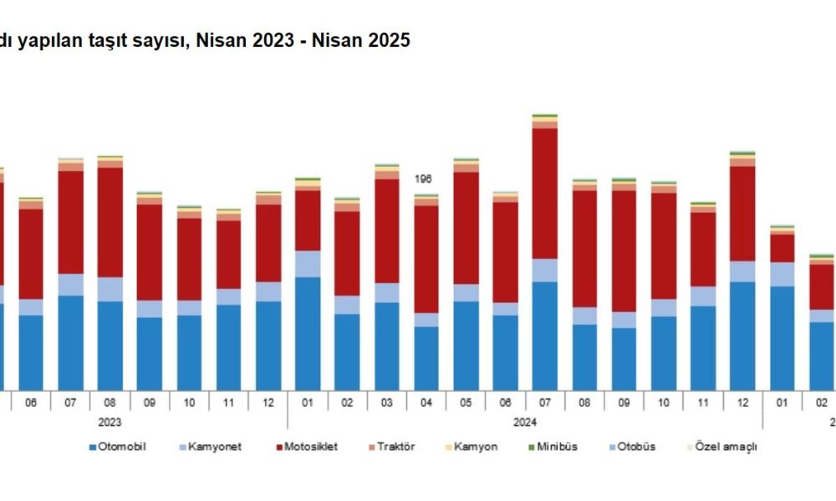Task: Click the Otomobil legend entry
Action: (122, 447)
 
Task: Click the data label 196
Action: (425, 179)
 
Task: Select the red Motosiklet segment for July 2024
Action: (545, 193)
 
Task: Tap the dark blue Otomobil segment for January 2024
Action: (307, 333)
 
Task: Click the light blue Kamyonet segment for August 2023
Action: (110, 289)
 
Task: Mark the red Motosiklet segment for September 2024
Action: (624, 251)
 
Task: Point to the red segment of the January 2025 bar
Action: (782, 248)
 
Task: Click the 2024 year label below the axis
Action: (524, 423)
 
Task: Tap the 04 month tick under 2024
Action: (426, 402)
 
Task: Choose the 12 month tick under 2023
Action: (268, 402)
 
